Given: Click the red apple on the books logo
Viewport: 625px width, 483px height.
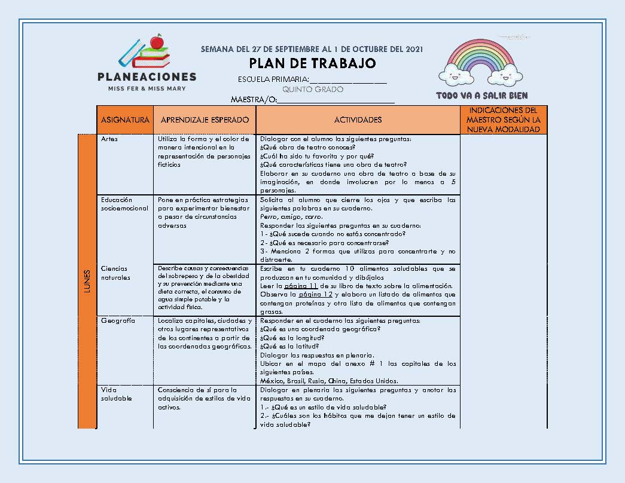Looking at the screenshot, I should (157, 42).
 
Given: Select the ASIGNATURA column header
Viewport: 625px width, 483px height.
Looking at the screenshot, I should (125, 120).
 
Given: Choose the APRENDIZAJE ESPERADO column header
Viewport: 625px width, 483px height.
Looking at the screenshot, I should (204, 120).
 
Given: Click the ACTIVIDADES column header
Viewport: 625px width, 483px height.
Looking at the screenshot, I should (358, 120).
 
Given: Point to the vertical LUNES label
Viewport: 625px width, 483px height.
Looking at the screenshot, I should (87, 280).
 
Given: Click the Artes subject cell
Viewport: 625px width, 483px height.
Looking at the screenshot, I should (109, 139).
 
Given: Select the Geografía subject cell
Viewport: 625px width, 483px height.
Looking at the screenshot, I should (118, 320).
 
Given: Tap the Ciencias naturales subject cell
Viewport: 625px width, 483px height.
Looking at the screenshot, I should (115, 273).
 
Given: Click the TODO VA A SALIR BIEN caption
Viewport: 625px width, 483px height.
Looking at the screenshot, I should (481, 96).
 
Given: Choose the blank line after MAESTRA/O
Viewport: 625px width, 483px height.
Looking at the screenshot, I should (336, 100).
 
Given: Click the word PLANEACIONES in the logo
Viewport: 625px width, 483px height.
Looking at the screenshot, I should (147, 77).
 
